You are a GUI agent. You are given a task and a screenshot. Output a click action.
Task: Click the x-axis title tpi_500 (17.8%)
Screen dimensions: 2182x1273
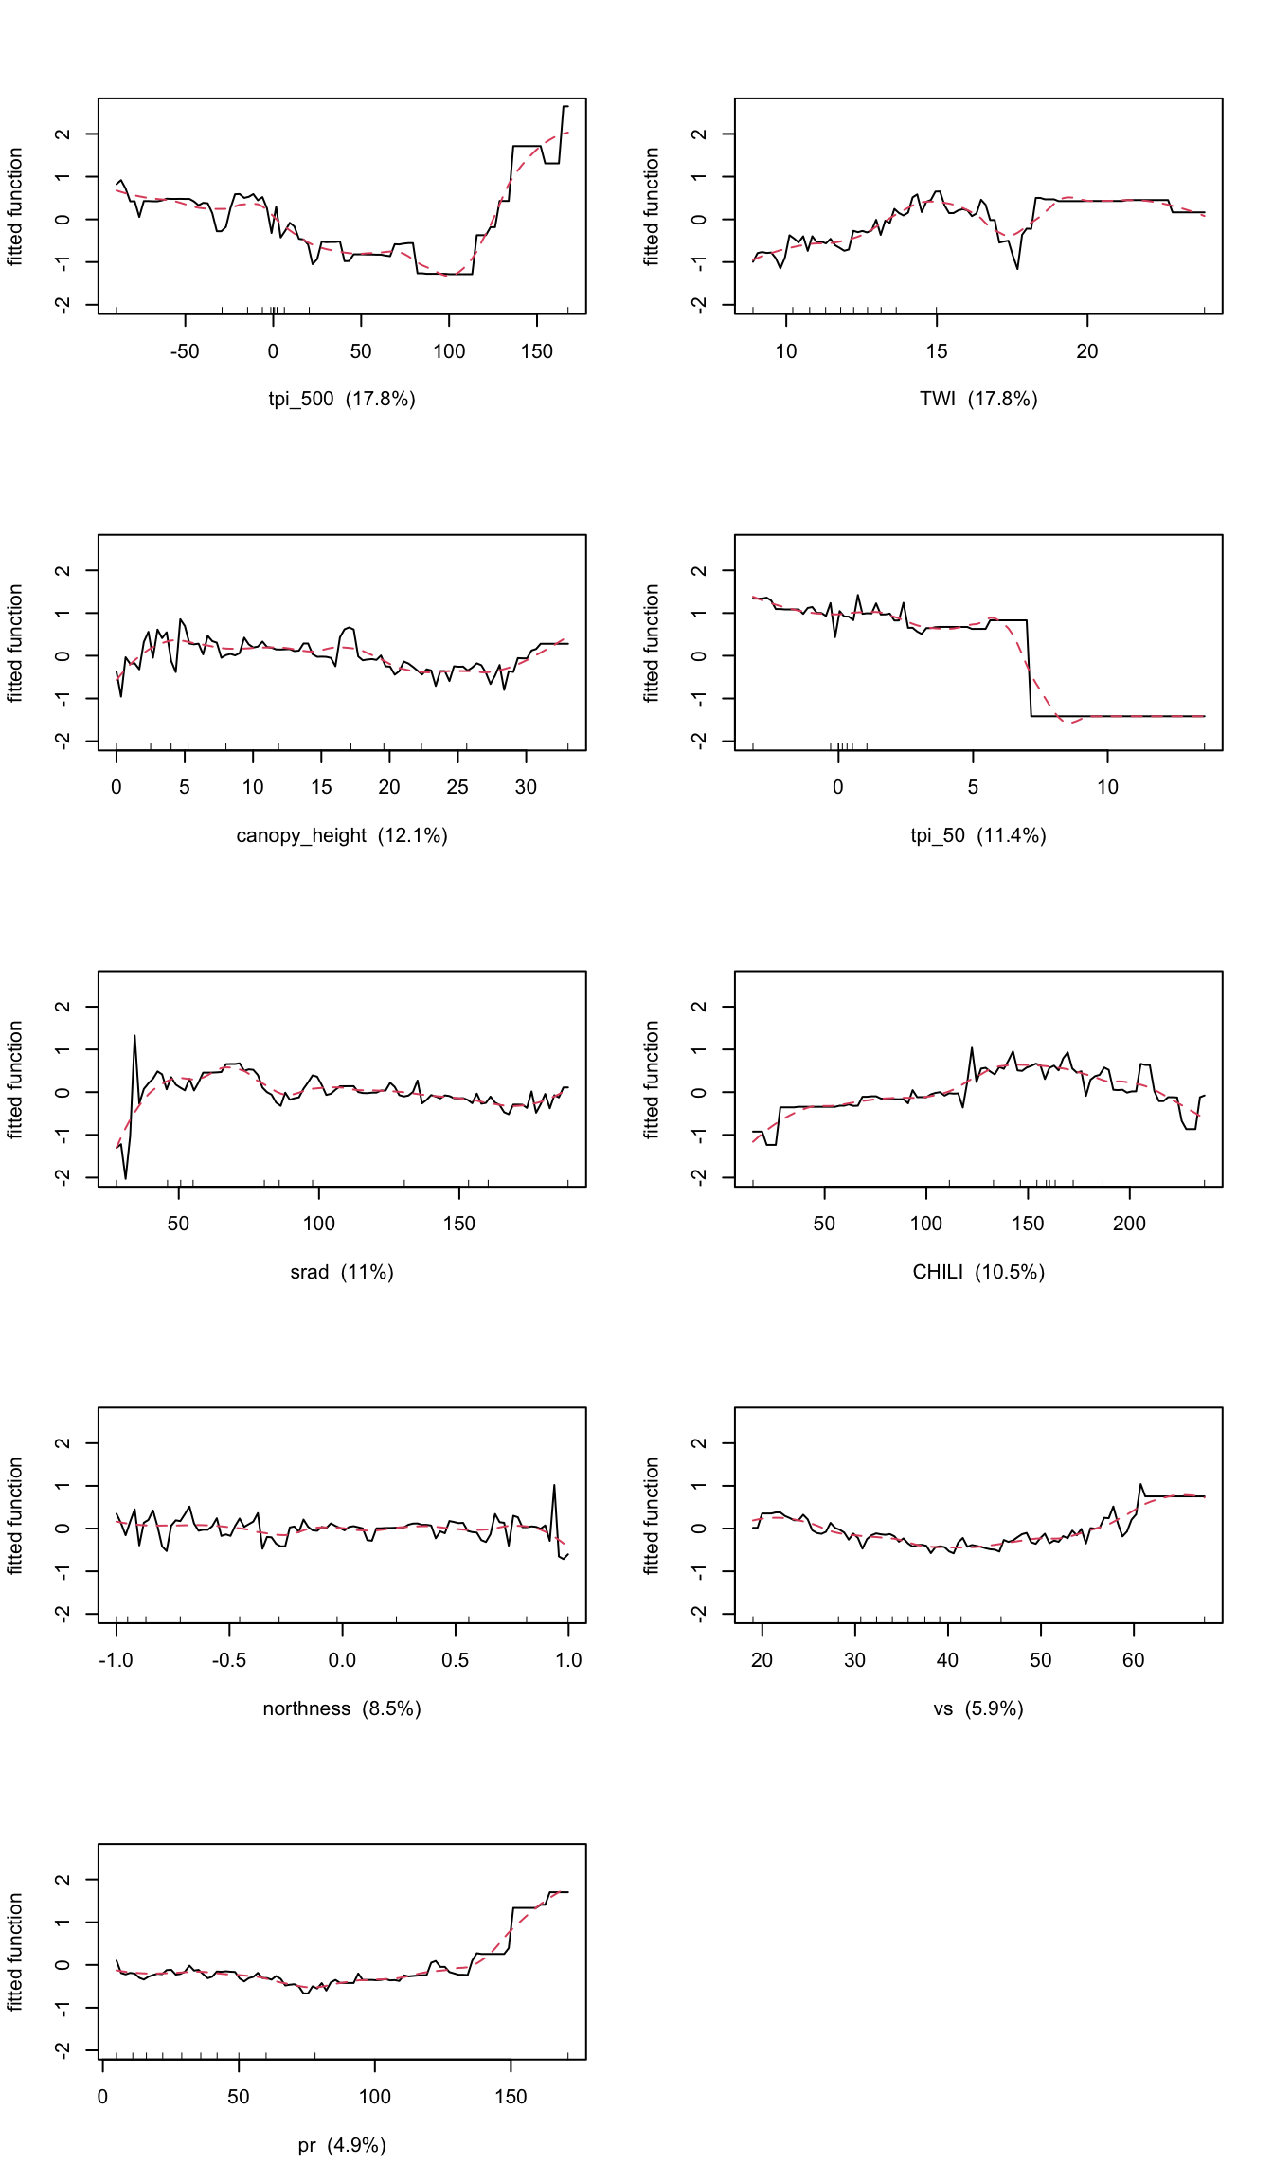click(341, 399)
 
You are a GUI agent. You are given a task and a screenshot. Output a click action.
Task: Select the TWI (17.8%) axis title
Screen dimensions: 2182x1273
click(977, 399)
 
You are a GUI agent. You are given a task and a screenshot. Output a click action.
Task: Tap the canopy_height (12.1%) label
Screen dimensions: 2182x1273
click(341, 835)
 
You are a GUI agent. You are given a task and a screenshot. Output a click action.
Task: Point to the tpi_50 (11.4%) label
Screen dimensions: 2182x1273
click(977, 835)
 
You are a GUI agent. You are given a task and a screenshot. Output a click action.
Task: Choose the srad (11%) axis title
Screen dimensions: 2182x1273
click(341, 1272)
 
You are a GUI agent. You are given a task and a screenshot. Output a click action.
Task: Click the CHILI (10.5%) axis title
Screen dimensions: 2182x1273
click(977, 1272)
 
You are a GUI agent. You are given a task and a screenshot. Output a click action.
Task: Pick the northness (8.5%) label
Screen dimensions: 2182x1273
click(341, 1708)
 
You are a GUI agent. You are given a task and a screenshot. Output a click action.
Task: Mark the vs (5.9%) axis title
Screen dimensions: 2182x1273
click(977, 1708)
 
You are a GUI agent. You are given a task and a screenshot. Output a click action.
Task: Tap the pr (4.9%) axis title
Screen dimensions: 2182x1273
click(341, 2145)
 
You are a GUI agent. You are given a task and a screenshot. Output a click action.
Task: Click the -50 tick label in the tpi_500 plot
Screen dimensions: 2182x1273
click(184, 351)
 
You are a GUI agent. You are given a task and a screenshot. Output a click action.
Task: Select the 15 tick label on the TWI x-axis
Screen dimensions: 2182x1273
click(936, 351)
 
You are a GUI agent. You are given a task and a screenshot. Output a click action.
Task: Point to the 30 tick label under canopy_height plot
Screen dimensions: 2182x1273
click(526, 787)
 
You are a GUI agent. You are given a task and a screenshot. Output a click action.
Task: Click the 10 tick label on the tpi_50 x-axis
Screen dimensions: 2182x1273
click(1107, 787)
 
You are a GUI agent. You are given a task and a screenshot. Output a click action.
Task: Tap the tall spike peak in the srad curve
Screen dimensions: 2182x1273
click(134, 1035)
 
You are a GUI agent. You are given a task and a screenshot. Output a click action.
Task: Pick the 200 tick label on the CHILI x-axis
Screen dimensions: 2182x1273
click(1129, 1224)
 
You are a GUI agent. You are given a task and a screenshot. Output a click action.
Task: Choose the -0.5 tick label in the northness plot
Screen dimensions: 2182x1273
click(228, 1660)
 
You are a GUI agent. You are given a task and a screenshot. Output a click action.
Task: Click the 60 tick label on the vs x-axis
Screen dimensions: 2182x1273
click(1133, 1660)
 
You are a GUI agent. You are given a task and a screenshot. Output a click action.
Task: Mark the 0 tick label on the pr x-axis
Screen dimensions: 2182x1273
click(102, 2097)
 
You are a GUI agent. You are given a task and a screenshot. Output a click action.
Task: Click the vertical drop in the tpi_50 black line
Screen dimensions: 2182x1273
click(1030, 668)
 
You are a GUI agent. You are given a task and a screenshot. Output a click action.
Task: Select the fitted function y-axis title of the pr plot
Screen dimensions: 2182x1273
click(15, 1952)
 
